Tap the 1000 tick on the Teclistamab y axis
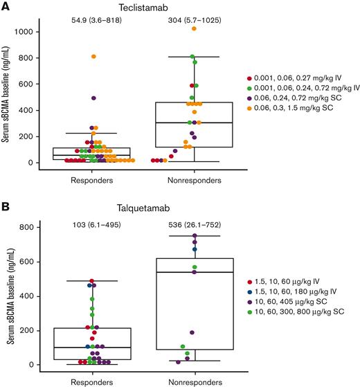click(x=28, y=32)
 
